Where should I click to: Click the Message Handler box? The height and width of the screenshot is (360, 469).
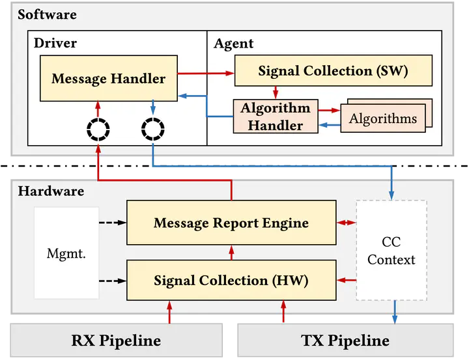109,79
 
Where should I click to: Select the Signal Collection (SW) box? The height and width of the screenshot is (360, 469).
333,71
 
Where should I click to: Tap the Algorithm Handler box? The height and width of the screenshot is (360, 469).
276,117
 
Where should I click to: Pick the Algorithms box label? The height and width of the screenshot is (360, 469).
383,118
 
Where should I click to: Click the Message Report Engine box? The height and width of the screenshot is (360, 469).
231,223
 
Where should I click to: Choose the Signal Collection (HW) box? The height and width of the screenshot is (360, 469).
231,281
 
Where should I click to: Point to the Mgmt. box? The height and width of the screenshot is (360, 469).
66,253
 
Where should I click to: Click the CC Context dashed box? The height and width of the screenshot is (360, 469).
391,251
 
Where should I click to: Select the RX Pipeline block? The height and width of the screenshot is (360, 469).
116,340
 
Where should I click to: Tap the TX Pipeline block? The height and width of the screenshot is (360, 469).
345,340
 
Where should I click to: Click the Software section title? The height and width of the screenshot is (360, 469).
47,14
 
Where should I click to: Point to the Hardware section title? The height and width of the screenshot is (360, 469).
51,191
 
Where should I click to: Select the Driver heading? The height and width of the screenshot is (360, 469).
55,44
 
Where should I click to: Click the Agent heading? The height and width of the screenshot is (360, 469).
234,44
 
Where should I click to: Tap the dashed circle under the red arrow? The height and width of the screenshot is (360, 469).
98,132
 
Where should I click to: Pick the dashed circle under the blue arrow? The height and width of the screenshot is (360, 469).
152,132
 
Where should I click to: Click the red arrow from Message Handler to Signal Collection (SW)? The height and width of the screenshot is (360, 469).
206,74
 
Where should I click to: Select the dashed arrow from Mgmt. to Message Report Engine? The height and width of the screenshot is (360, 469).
112,223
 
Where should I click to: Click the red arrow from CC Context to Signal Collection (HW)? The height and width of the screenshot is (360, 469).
346,281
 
